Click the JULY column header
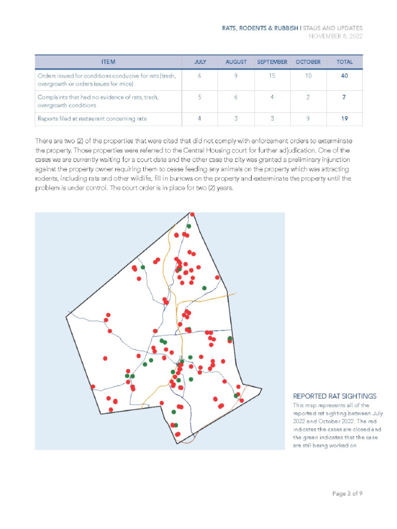200,62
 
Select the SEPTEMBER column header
272,62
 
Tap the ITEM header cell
108,62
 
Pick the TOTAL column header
344,62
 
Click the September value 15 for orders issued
272,76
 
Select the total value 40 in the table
344,76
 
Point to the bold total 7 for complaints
344,97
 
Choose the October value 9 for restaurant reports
308,118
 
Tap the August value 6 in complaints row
236,97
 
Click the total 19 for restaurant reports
344,118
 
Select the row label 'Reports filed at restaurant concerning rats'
92,118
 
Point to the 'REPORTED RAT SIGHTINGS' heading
334,396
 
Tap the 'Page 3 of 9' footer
347,493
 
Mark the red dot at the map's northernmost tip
192,214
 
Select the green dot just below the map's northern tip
189,226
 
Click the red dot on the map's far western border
93,386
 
